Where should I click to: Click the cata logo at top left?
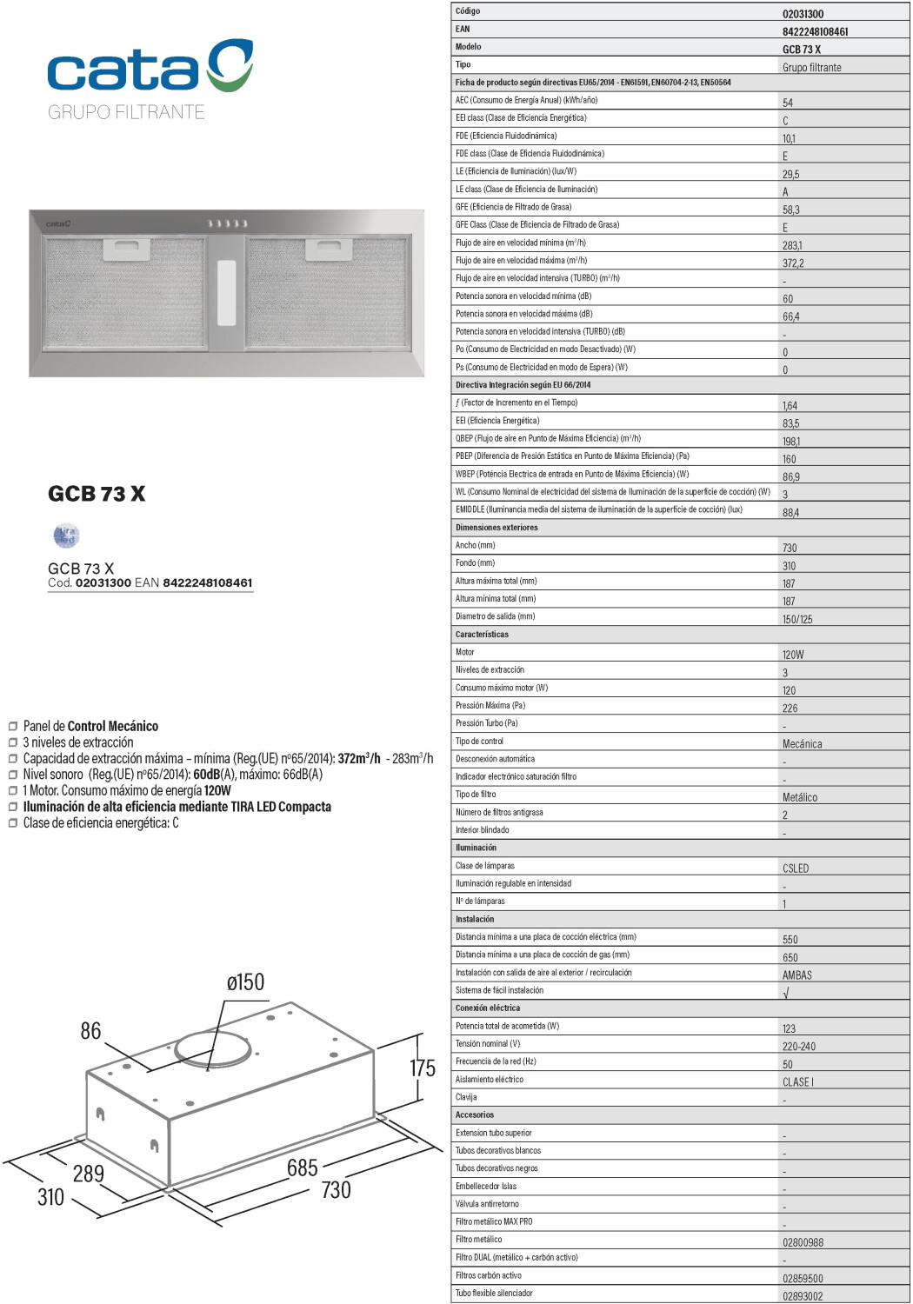150,66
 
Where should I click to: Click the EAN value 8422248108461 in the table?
815,32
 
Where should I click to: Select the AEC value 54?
788,103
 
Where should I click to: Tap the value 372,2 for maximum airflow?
793,263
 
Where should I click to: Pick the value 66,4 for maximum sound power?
790,317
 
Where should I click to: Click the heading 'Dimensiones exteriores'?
496,528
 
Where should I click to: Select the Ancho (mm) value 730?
790,549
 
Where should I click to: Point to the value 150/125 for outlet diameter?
797,620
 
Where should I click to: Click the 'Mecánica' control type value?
802,744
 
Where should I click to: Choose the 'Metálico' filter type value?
800,798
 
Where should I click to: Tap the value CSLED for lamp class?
796,868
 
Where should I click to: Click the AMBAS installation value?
796,975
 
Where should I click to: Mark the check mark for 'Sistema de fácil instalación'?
786,993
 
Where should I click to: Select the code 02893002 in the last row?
803,1296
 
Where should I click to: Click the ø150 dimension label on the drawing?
245,982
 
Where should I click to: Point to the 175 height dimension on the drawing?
423,1068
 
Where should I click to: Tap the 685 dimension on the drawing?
303,1168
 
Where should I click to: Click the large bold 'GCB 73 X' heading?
97,494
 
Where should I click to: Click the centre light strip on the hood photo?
227,293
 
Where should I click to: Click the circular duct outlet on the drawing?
213,1049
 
